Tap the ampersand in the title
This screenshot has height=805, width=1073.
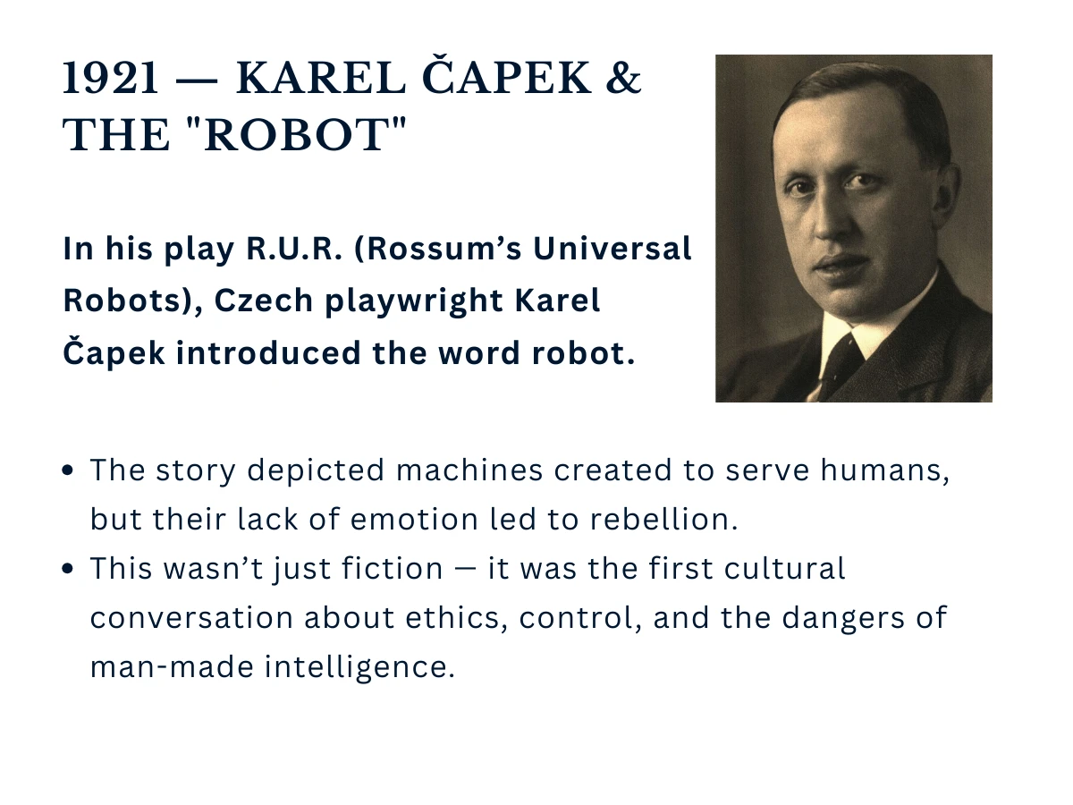pyautogui.click(x=624, y=80)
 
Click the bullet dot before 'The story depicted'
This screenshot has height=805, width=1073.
pyautogui.click(x=70, y=471)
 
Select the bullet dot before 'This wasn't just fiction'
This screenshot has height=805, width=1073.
pyautogui.click(x=70, y=570)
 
